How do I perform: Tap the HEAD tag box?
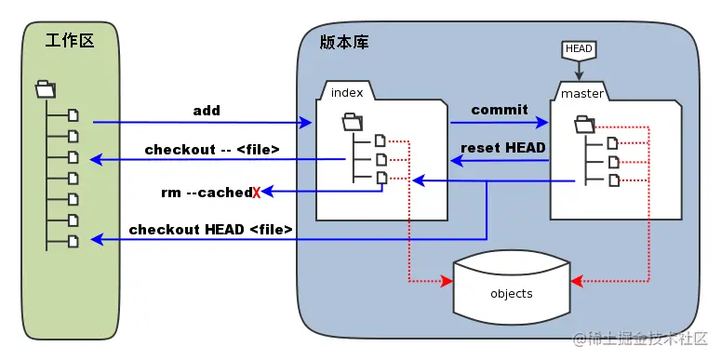click(x=578, y=48)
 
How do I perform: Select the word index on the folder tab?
click(x=346, y=92)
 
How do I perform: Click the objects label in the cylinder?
click(x=511, y=294)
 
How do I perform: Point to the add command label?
click(x=207, y=111)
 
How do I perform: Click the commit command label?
click(x=500, y=110)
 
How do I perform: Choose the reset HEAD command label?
click(x=502, y=147)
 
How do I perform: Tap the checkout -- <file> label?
click(x=212, y=149)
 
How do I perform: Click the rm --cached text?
click(x=206, y=193)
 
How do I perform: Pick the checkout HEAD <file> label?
click(x=211, y=229)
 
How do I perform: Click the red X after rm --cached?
click(x=256, y=193)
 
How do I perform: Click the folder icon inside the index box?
click(x=353, y=121)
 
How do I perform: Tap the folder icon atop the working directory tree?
click(x=45, y=89)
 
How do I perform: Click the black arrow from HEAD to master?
click(x=578, y=70)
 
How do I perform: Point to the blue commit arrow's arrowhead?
click(x=543, y=122)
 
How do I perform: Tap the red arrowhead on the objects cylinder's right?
click(x=576, y=280)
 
